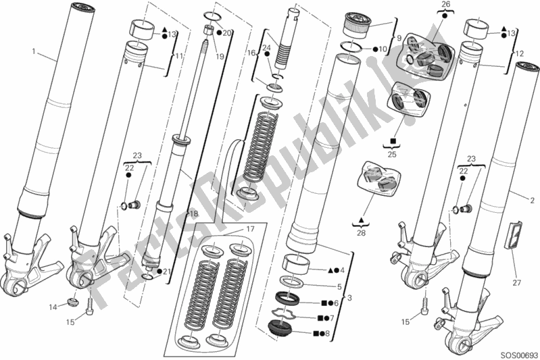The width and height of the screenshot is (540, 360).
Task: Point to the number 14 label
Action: pos(53,308)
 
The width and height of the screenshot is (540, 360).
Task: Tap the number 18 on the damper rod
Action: pos(193,214)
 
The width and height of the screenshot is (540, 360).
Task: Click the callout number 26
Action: pos(446,6)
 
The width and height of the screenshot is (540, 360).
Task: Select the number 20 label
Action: pos(228,32)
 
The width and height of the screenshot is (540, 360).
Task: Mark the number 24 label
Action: pos(266,47)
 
